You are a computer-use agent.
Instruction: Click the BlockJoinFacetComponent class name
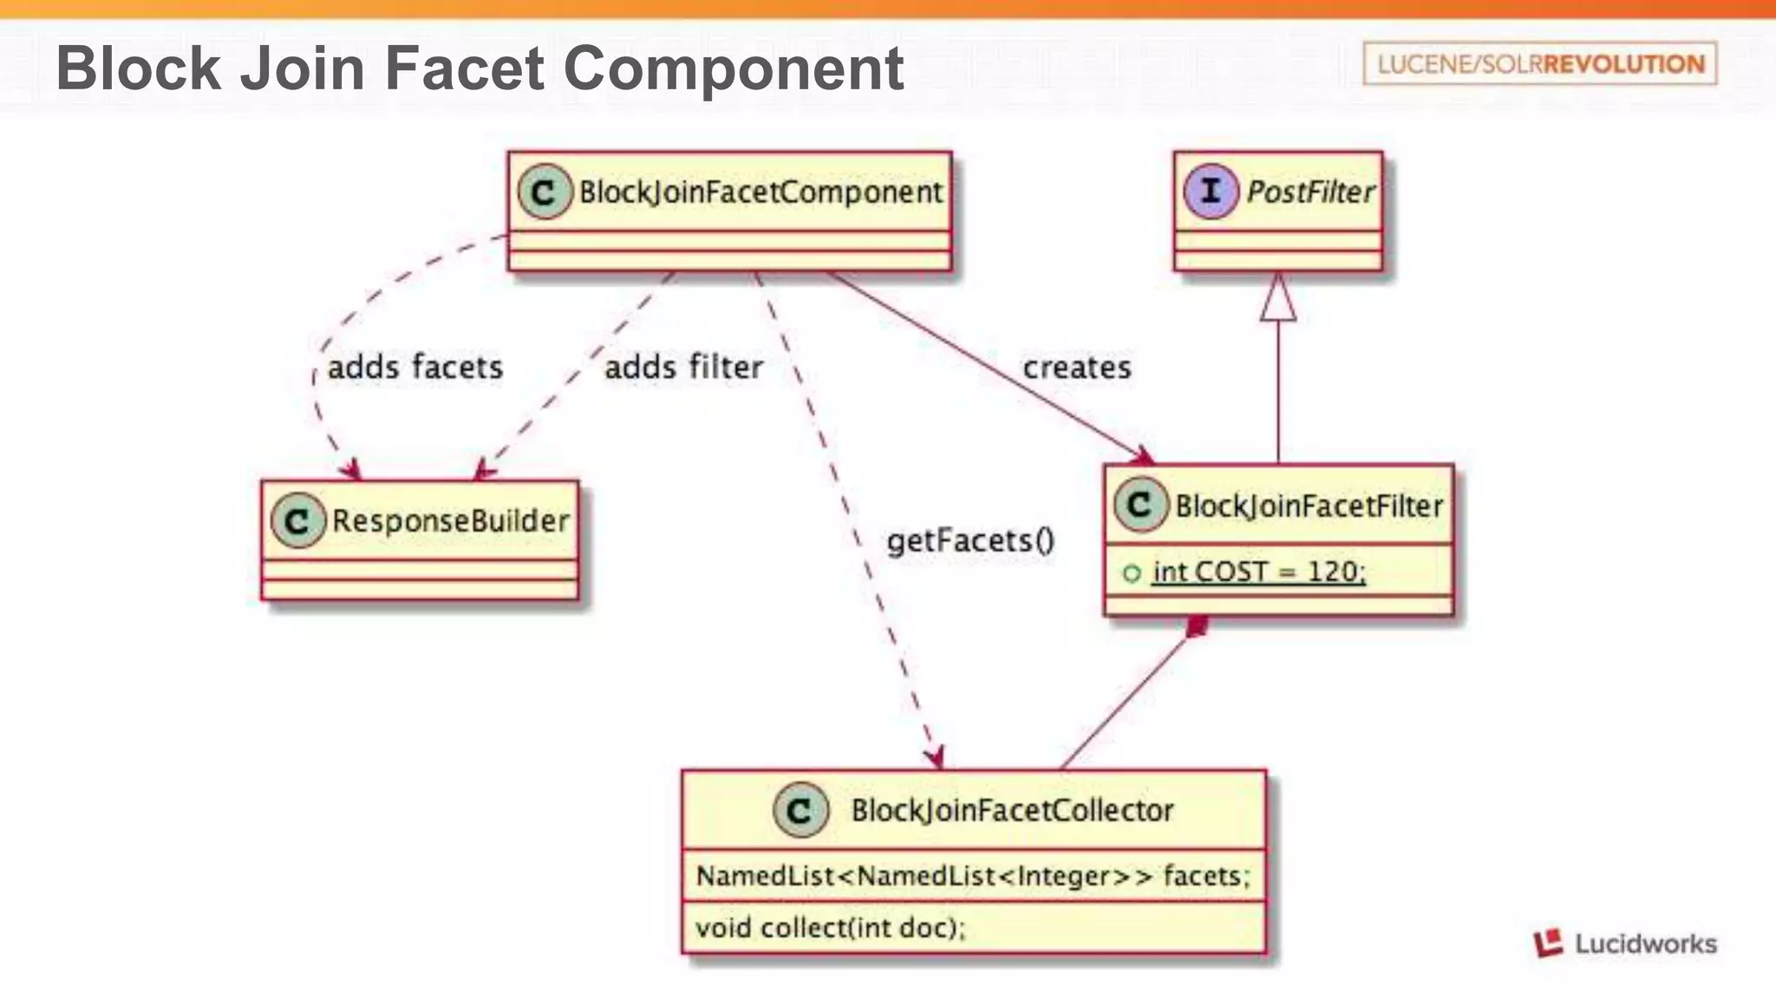point(760,192)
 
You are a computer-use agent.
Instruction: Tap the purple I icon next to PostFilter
point(1211,192)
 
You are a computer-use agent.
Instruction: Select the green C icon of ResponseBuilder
point(297,520)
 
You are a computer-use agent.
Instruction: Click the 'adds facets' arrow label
point(415,367)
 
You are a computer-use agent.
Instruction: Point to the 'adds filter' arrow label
point(683,367)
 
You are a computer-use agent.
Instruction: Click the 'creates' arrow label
point(1076,367)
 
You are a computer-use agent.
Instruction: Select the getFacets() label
point(970,540)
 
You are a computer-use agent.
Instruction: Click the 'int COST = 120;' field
point(1258,571)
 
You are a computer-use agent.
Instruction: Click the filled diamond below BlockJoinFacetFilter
point(1197,627)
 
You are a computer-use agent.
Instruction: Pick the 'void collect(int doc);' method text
point(830,927)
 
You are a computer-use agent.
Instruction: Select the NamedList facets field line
point(973,876)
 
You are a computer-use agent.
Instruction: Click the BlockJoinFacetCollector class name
point(1011,810)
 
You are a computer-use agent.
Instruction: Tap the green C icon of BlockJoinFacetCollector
point(800,810)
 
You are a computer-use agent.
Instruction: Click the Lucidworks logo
point(1625,943)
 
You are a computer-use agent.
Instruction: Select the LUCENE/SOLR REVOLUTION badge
point(1539,63)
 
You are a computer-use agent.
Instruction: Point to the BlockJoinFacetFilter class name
point(1308,506)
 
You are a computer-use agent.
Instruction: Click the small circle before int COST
point(1132,572)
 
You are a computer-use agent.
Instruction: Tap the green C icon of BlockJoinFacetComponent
point(544,192)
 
